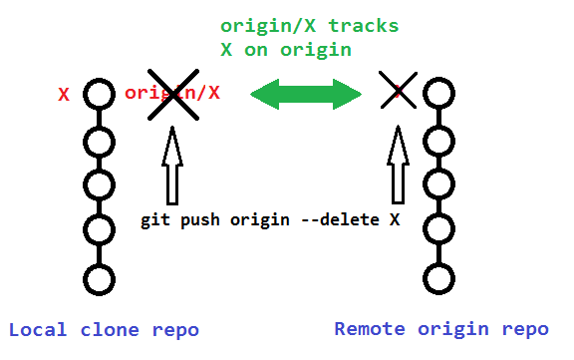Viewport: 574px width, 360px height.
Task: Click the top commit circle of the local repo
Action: click(x=98, y=95)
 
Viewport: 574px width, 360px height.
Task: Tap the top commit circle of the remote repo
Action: click(x=439, y=95)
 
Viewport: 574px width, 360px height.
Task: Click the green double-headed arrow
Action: click(x=305, y=95)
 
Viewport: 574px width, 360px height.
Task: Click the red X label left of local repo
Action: click(x=64, y=96)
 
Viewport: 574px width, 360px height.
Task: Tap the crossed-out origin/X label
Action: click(x=172, y=94)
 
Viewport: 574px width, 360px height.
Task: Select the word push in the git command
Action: click(x=200, y=219)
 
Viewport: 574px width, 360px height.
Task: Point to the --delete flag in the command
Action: click(x=339, y=219)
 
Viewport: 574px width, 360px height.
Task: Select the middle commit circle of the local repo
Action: click(x=98, y=185)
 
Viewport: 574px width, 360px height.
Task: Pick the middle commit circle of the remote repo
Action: click(x=439, y=185)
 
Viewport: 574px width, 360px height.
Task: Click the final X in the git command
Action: click(x=395, y=219)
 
